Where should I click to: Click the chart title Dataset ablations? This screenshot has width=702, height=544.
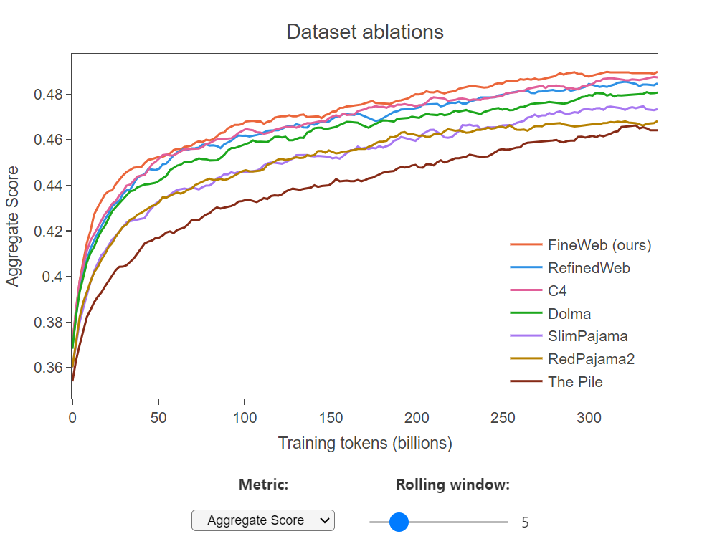coord(364,32)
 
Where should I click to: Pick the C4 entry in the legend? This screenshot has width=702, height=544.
coord(559,291)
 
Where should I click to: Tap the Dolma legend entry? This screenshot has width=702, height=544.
coord(569,313)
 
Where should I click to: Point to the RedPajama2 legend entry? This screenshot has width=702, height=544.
coord(591,359)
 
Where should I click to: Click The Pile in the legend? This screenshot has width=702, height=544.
coord(575,382)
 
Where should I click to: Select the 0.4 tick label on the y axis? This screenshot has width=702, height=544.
coord(54,277)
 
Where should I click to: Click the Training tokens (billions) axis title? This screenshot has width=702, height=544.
coord(364,443)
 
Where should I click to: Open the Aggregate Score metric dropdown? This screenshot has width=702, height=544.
coord(263,521)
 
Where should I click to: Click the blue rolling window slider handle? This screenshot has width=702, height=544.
coord(398,522)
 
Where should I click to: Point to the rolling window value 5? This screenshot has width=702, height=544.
coord(525,522)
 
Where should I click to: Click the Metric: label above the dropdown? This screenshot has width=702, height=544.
coord(263,485)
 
